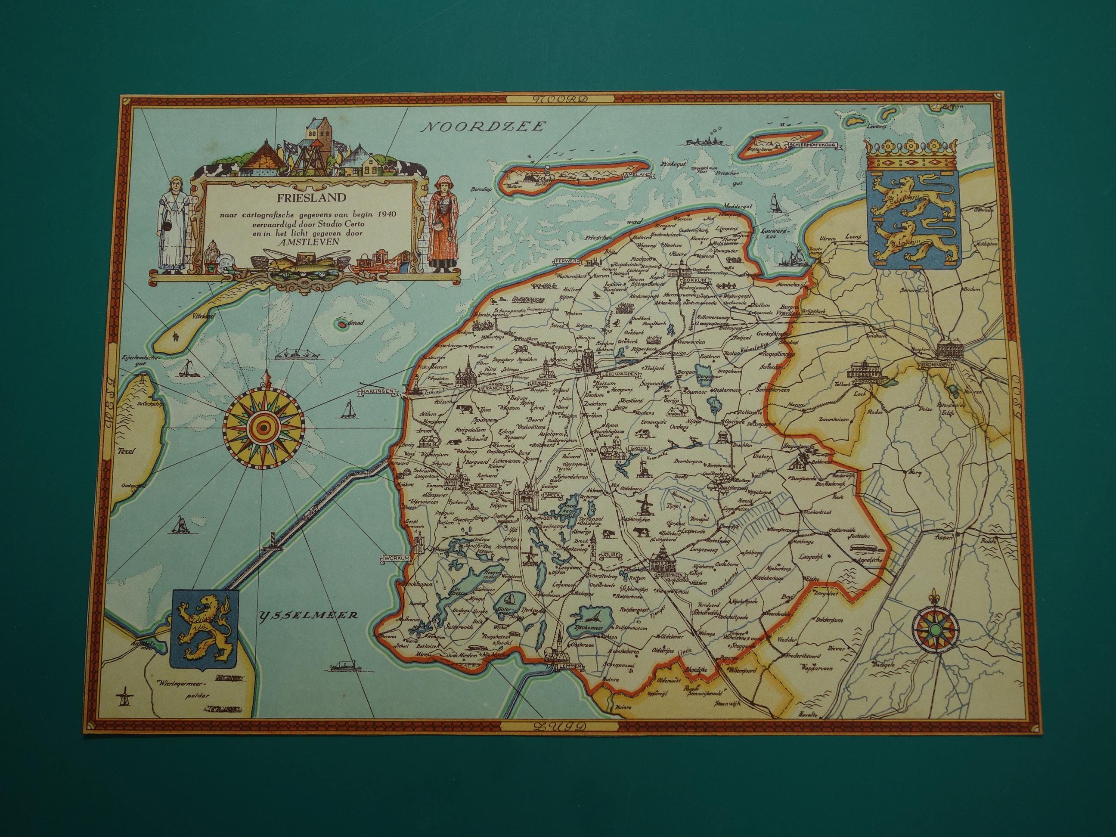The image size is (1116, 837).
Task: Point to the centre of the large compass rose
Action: (262, 428)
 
